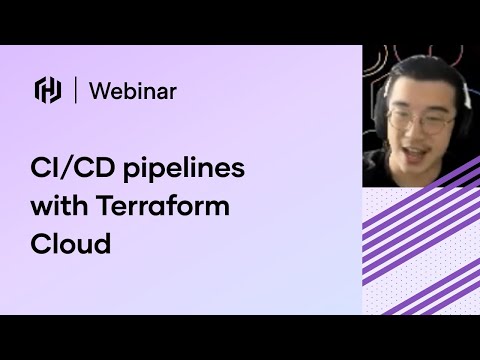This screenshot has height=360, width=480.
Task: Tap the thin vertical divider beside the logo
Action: [76, 91]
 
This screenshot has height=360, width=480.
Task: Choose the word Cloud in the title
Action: [70, 243]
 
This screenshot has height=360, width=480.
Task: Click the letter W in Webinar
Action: [98, 91]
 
